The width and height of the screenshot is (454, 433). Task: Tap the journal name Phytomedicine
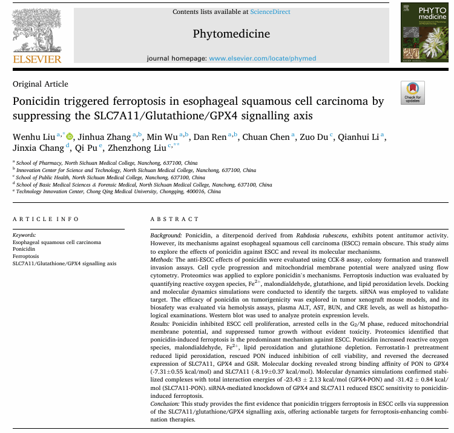[231, 34]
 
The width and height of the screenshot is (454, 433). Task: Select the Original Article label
[41, 84]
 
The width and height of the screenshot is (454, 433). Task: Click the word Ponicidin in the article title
[38, 101]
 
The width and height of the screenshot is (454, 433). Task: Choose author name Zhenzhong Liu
[140, 148]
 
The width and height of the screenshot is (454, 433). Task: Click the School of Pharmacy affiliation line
[107, 163]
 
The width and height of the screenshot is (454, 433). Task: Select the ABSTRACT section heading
[171, 219]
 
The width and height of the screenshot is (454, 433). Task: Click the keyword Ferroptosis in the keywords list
[26, 256]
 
